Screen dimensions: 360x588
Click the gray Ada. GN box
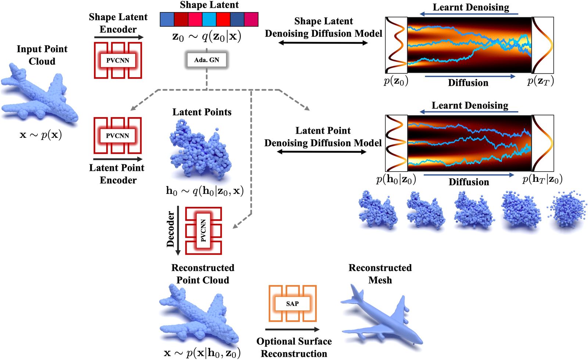click(x=207, y=60)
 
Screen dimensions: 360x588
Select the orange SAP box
click(x=292, y=303)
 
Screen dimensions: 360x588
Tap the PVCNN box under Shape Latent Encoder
click(x=118, y=60)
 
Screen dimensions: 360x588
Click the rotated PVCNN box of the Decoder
click(x=203, y=231)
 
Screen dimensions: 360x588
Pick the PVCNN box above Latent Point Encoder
click(x=118, y=136)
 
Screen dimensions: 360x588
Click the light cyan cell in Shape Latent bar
click(x=209, y=19)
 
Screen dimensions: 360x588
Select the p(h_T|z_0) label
click(x=542, y=179)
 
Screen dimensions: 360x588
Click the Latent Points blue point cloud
click(x=200, y=151)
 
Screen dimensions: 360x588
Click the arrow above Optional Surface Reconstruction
click(x=292, y=330)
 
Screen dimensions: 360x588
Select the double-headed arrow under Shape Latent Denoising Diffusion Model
click(x=323, y=43)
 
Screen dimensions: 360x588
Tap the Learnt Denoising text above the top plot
click(x=471, y=7)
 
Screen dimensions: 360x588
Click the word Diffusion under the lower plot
click(x=469, y=182)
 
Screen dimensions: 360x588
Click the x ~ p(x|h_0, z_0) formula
click(x=202, y=353)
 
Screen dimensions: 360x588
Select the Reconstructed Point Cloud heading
click(x=202, y=274)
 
